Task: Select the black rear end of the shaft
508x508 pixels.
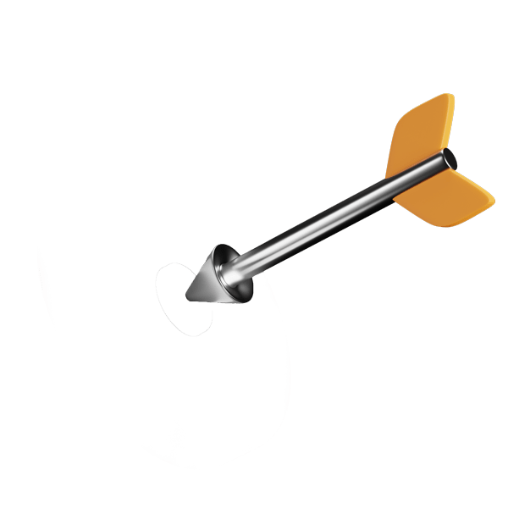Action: point(449,158)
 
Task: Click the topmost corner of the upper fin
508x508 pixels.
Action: point(450,95)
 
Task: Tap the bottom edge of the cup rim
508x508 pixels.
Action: point(246,301)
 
